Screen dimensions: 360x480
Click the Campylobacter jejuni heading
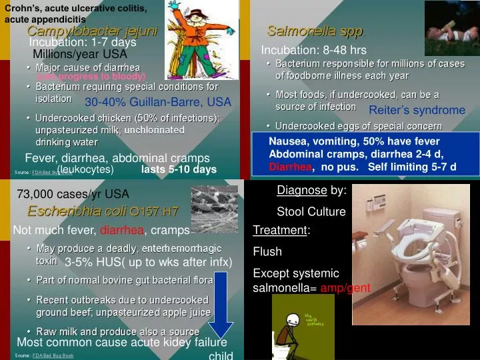93,31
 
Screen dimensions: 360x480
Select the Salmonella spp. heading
315,31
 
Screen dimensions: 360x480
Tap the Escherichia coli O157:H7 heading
103,211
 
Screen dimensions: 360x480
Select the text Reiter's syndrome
417,110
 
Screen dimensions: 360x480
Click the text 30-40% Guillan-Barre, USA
158,103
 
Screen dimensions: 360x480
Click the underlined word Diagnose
301,190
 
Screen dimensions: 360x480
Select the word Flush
267,252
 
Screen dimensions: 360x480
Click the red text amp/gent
345,289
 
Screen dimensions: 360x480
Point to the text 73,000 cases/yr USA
73,194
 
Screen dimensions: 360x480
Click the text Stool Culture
311,212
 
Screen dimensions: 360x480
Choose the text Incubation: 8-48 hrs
313,50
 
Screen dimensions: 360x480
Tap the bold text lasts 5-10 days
179,170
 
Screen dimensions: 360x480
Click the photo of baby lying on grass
452,28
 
